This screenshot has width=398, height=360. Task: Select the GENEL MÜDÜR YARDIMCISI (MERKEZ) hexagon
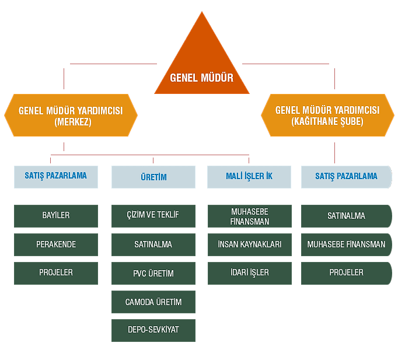point(71,115)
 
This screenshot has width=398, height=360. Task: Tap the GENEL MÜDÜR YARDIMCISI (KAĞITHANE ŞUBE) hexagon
point(327,115)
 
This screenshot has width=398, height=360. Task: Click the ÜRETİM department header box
point(153,177)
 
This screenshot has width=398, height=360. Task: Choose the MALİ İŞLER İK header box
point(249,177)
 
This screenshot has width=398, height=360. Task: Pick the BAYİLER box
point(56,216)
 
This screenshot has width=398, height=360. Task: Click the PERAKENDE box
point(56,244)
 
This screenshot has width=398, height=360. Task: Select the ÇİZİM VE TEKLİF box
point(153,216)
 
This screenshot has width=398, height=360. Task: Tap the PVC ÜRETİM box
point(153,273)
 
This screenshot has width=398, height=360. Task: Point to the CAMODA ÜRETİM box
point(153,302)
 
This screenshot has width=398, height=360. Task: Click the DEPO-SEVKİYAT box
point(153,330)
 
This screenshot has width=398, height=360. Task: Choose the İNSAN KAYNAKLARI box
point(250,244)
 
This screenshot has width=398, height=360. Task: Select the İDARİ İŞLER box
point(250,273)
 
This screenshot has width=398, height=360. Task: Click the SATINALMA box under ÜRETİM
point(153,244)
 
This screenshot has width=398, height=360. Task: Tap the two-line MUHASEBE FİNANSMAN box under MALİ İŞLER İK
point(250,216)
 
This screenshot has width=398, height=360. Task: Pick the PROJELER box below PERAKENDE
point(56,273)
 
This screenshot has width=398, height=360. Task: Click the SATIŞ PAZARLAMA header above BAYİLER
point(56,177)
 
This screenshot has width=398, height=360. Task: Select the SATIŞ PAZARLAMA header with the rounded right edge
point(347,177)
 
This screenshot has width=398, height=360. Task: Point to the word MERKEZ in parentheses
point(73,122)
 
